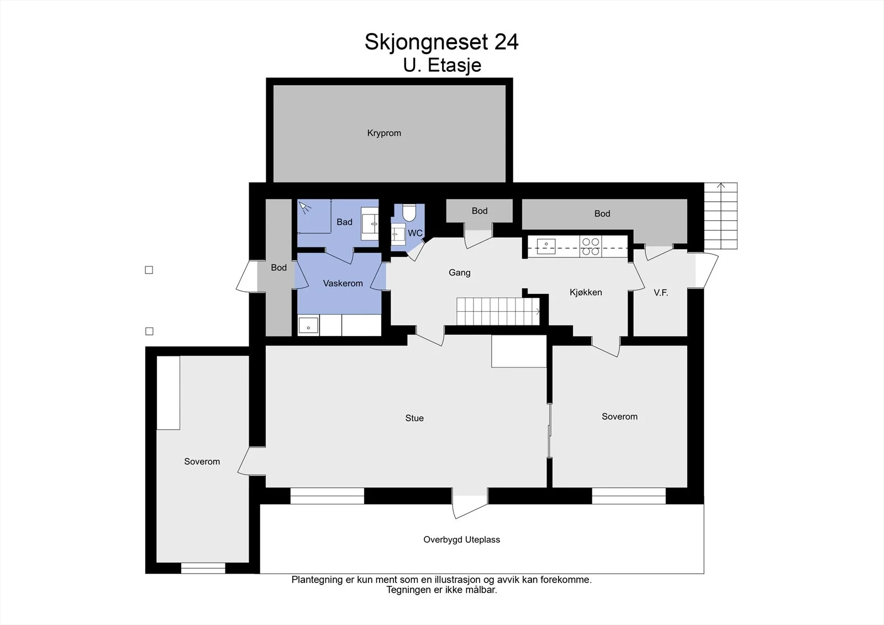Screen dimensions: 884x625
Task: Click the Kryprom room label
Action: [384, 133]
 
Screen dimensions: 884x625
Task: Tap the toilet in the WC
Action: [409, 212]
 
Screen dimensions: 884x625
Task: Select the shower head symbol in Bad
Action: [304, 207]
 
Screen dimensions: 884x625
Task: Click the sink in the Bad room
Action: [370, 223]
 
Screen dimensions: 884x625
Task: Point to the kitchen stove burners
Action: [591, 246]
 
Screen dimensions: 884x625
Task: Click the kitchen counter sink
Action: [546, 246]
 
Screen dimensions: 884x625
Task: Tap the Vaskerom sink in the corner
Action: [308, 325]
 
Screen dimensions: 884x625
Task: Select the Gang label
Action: [459, 272]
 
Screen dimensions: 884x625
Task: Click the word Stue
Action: [414, 418]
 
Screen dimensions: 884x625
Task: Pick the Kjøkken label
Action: [586, 292]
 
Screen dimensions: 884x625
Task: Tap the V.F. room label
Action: [661, 292]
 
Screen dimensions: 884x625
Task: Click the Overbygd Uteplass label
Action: [462, 540]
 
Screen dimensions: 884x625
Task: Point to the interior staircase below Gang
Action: [498, 312]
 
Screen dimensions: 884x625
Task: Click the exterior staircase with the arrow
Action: [720, 216]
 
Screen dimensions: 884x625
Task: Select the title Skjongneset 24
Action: [441, 42]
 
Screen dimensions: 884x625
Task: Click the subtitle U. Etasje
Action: [442, 65]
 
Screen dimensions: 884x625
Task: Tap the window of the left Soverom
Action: [203, 568]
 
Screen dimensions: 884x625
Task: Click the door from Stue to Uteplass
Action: [470, 503]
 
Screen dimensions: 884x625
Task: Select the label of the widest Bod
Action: [602, 214]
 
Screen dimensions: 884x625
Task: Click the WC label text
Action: [415, 233]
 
